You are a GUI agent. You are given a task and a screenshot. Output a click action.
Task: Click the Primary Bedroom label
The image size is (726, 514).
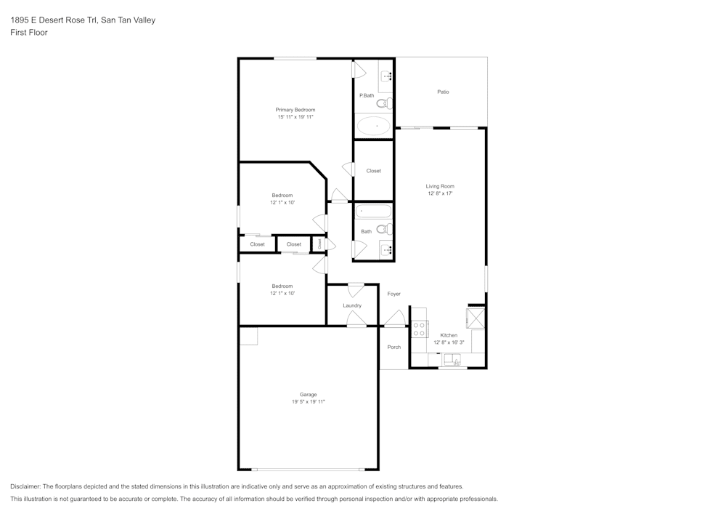click(x=295, y=110)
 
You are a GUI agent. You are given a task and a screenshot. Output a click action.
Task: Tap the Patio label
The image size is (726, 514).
click(x=443, y=92)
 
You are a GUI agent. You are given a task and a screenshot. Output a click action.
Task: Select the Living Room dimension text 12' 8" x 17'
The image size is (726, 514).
click(x=440, y=193)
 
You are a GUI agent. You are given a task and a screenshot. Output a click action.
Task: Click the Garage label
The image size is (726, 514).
click(x=308, y=395)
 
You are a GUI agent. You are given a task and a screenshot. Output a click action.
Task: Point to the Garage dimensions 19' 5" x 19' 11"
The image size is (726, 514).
click(x=308, y=401)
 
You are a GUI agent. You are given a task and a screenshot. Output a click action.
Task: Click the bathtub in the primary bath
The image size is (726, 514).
click(x=374, y=126)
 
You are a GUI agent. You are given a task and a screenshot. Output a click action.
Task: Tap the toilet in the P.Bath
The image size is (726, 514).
click(x=385, y=104)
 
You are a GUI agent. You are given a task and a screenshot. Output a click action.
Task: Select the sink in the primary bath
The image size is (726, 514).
click(x=386, y=76)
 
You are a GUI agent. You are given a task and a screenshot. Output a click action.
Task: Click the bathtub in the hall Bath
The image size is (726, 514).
click(x=373, y=212)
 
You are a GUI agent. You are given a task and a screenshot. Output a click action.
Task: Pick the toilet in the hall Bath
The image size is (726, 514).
click(x=385, y=228)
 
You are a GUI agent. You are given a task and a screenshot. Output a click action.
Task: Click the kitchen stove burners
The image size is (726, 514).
click(x=419, y=329)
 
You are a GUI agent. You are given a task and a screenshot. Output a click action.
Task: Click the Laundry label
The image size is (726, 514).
click(x=352, y=305)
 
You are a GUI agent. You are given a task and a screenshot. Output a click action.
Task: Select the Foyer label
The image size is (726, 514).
click(x=394, y=294)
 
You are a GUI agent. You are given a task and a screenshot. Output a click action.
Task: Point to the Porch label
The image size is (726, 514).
click(x=394, y=347)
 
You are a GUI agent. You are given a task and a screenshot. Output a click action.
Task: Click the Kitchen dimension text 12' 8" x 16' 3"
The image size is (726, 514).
click(x=449, y=342)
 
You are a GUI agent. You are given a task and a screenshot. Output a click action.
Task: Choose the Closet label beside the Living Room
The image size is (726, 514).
click(x=374, y=171)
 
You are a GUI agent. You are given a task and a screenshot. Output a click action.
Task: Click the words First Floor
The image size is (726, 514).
click(x=29, y=33)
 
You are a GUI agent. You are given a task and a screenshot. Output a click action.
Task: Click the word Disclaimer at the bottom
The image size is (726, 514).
click(x=25, y=486)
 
